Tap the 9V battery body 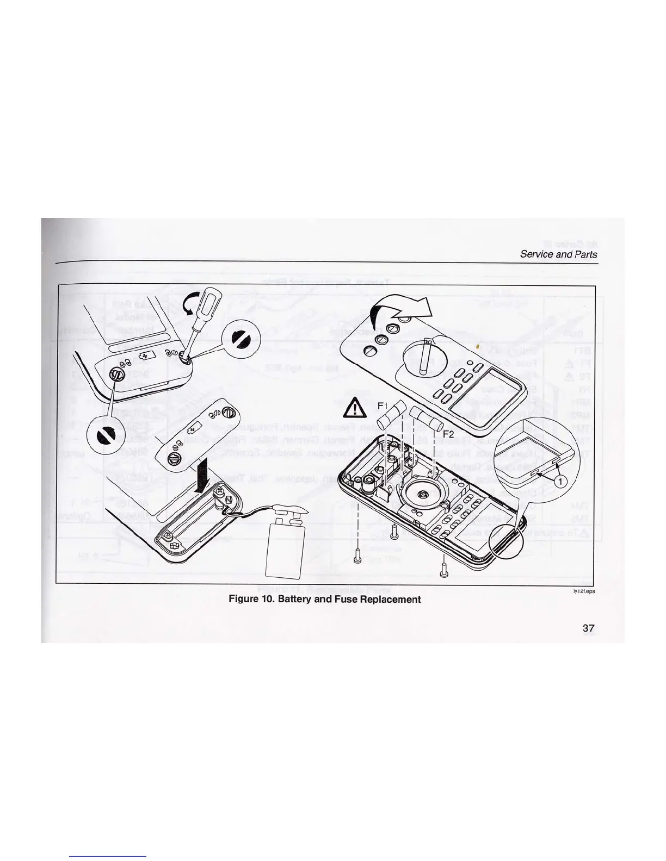pyautogui.click(x=286, y=547)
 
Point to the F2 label pyautogui.click(x=448, y=434)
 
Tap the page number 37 pyautogui.click(x=588, y=628)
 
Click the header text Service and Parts pyautogui.click(x=558, y=254)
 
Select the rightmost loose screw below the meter pyautogui.click(x=443, y=571)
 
